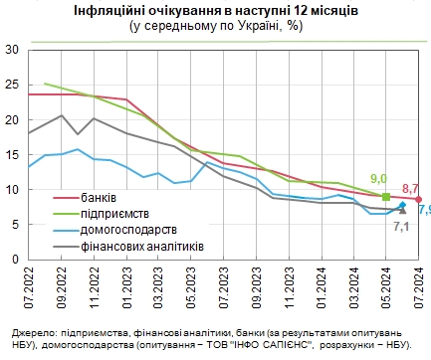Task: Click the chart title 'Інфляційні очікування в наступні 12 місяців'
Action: [x=215, y=10]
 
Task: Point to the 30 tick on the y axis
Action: [x=13, y=50]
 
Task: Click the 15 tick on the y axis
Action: [x=13, y=154]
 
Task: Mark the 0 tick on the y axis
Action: [x=16, y=259]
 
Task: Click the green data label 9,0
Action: [x=378, y=180]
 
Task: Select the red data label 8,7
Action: [x=410, y=188]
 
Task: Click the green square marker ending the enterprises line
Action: [x=386, y=197]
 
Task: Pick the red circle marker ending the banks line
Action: [x=418, y=199]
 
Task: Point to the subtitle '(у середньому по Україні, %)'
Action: [x=216, y=25]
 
